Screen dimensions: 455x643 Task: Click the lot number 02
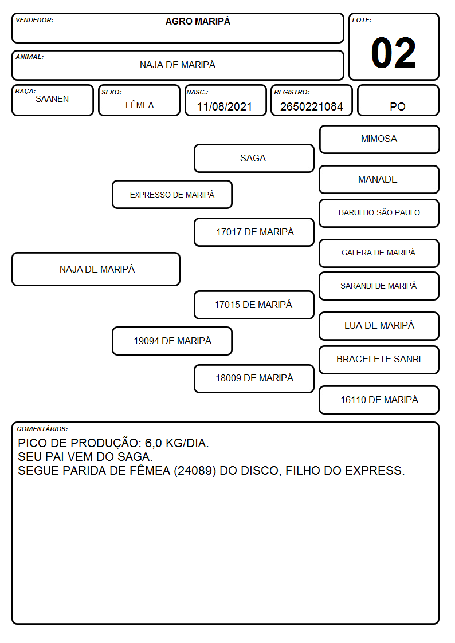(x=393, y=53)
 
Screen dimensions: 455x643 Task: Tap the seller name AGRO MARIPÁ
(x=198, y=21)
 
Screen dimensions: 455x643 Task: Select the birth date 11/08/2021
(x=225, y=106)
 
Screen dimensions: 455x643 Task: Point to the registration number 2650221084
(x=311, y=106)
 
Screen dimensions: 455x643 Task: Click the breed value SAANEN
(x=52, y=99)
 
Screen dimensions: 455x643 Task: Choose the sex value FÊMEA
(x=139, y=105)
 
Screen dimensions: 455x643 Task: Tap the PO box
(x=398, y=100)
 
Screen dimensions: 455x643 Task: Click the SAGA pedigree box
(x=254, y=158)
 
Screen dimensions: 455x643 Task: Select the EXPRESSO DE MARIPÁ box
(x=172, y=194)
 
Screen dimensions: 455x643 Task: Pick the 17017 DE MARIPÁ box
(x=254, y=232)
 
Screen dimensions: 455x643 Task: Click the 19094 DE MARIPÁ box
(x=172, y=341)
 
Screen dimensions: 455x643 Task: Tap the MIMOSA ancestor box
(x=379, y=140)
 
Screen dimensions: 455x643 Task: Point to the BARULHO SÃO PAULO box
(x=379, y=213)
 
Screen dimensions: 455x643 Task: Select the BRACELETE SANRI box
(x=379, y=360)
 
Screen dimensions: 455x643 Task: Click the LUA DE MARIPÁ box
(x=379, y=326)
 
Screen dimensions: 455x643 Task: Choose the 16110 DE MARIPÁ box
(x=379, y=400)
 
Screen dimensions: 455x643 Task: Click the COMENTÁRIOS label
(x=42, y=429)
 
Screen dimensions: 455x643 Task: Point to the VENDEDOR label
(x=34, y=20)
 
